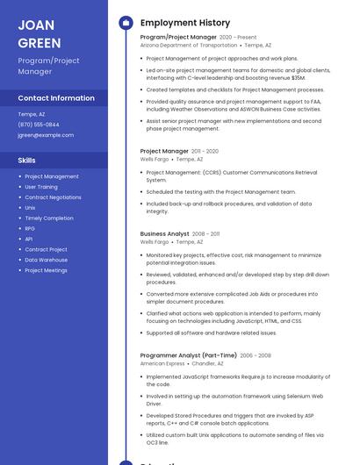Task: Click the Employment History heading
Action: pos(184,23)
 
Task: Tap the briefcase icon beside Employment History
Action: pos(126,23)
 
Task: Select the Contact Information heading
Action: pos(56,98)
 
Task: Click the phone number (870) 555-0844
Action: pos(39,125)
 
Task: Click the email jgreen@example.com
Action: pos(46,135)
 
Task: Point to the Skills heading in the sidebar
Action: pos(27,161)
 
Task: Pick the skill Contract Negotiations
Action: pos(53,197)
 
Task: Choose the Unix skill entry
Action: pos(30,208)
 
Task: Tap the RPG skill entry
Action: pos(30,228)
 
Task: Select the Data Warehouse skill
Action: pos(46,260)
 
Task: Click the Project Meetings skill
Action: pos(46,270)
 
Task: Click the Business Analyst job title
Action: pos(164,234)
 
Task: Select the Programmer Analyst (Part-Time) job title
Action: pos(188,355)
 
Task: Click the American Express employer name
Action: pos(162,363)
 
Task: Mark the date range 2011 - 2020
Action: pos(205,152)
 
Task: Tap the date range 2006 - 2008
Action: pos(256,355)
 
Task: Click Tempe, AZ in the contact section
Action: pos(32,114)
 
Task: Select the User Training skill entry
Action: pos(41,187)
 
